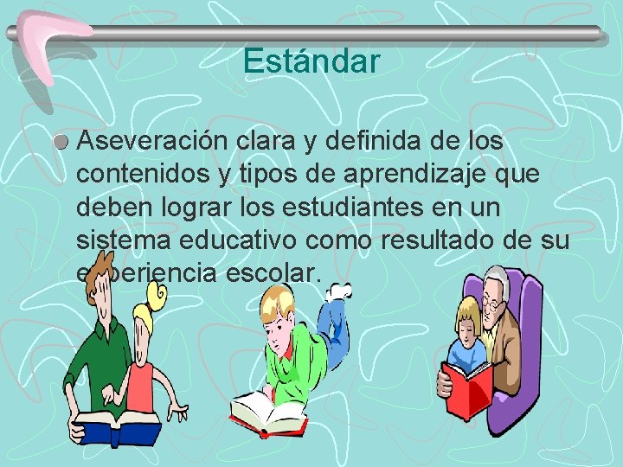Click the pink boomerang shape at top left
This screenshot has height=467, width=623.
pyautogui.click(x=39, y=43)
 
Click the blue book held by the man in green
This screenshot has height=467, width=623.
pyautogui.click(x=117, y=428)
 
